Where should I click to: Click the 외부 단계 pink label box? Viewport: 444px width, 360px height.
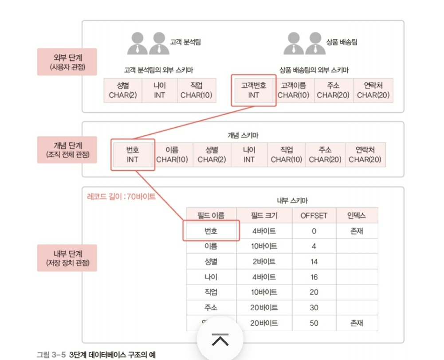[67, 62]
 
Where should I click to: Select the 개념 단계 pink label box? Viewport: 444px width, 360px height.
[67, 150]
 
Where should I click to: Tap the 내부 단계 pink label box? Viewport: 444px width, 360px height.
[67, 258]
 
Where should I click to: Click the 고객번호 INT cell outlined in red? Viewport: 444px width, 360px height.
[253, 90]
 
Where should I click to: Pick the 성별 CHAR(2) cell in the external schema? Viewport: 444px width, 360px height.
[123, 90]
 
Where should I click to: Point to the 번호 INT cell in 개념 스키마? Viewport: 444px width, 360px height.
[133, 155]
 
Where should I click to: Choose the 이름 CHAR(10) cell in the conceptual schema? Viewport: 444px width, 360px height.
[172, 155]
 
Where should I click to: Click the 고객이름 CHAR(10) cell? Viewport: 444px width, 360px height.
[293, 90]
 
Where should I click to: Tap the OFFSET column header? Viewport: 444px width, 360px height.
[314, 215]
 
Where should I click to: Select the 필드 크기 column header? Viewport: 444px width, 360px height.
[264, 215]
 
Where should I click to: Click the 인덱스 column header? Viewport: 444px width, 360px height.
[357, 215]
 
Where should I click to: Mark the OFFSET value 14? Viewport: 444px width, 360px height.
[314, 262]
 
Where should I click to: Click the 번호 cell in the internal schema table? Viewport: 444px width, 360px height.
[211, 231]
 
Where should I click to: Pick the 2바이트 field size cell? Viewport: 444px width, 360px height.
[264, 262]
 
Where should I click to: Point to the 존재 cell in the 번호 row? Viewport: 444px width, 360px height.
[357, 231]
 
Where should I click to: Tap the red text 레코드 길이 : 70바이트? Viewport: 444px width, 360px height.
[121, 196]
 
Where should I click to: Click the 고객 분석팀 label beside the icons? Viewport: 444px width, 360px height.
[185, 42]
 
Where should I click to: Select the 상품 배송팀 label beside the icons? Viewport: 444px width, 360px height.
[342, 42]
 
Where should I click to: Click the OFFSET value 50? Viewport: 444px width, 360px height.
[314, 323]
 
